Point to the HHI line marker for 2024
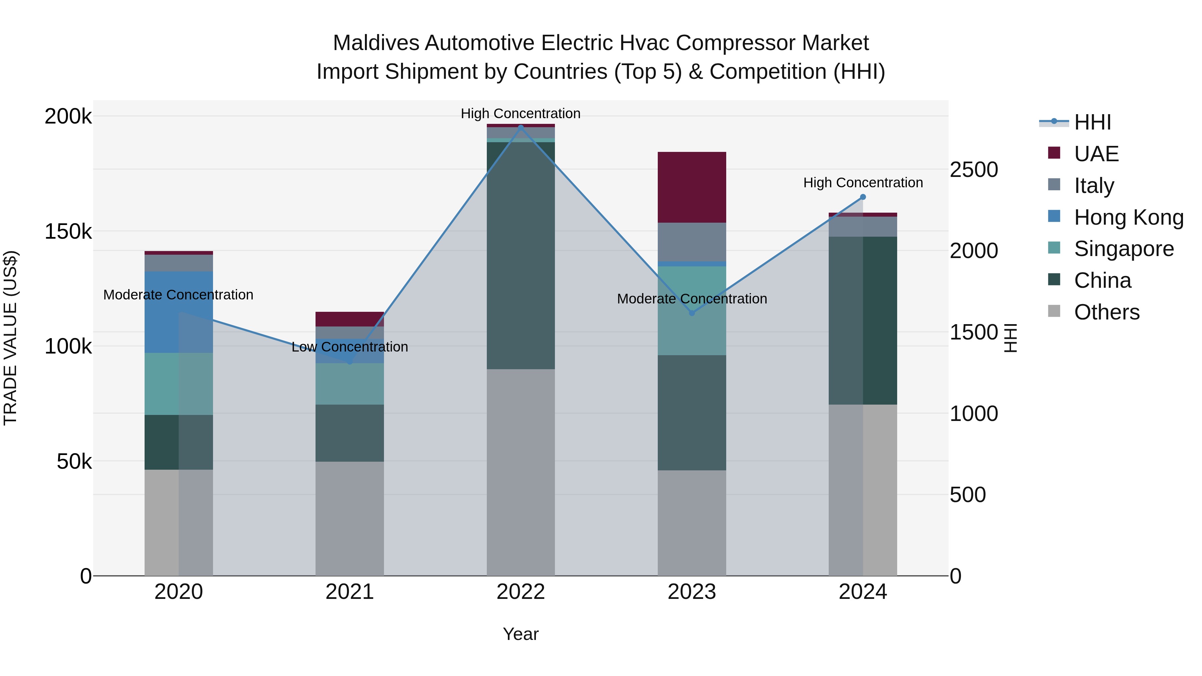(x=863, y=197)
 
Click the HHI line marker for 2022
(x=521, y=127)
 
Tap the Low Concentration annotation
(x=350, y=347)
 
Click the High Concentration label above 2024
(x=863, y=183)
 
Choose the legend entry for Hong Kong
(x=1128, y=217)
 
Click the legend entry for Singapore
(x=1124, y=249)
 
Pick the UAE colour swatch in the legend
(x=1054, y=153)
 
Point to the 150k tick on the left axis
(x=68, y=231)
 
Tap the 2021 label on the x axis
(x=350, y=592)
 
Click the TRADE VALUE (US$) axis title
(x=10, y=338)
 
